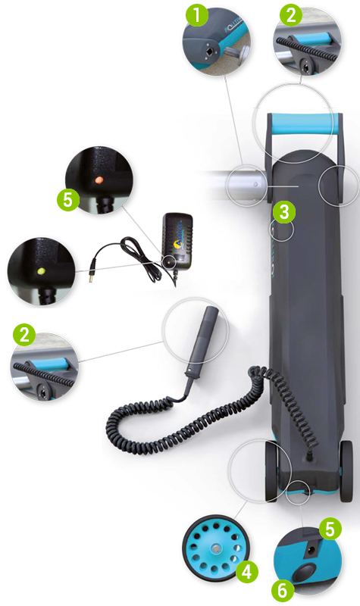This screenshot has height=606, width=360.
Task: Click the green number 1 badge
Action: (196, 15)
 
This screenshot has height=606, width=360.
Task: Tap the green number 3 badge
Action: (284, 212)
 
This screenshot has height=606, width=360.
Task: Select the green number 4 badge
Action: (247, 571)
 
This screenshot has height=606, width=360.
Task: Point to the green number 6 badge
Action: (283, 590)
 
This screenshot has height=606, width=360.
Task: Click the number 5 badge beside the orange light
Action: (68, 201)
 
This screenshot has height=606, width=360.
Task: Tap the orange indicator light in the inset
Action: (99, 180)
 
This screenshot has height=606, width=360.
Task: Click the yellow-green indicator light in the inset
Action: (41, 271)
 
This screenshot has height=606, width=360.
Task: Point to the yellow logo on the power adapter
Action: (180, 244)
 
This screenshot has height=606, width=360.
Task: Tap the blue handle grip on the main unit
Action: (302, 123)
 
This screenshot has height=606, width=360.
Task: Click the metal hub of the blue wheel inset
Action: (215, 548)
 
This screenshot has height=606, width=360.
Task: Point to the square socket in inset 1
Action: (209, 51)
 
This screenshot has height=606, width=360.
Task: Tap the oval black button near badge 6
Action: (305, 571)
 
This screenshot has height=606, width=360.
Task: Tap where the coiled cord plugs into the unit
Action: (309, 456)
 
